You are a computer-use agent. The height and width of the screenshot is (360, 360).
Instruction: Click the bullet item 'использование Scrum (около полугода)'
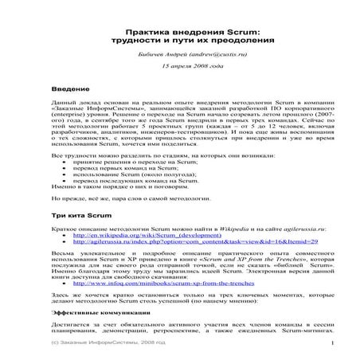(135, 174)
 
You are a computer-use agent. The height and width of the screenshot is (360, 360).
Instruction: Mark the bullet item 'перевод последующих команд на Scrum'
(135, 181)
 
